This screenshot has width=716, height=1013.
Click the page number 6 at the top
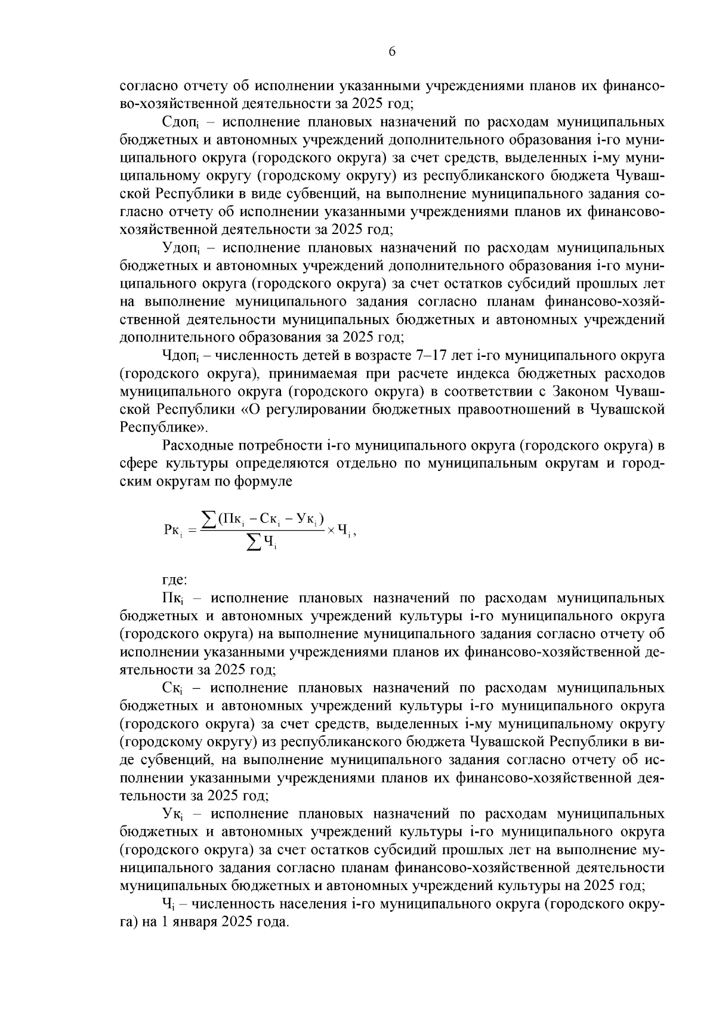pos(392,51)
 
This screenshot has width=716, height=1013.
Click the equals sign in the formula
pos(193,529)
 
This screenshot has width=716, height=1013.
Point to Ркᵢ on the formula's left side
pos(174,529)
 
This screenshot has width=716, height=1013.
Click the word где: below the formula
pos(175,579)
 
